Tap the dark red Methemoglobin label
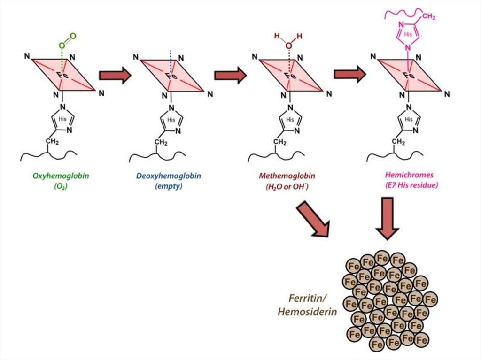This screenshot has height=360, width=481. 287,176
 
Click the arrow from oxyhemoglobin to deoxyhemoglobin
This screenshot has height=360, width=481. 114,75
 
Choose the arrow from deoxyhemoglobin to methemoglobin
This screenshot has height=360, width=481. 230,75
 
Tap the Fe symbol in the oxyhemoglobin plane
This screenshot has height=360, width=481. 63,74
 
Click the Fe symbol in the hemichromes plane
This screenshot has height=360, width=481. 409,74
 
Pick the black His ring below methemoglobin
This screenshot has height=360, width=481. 290,119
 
